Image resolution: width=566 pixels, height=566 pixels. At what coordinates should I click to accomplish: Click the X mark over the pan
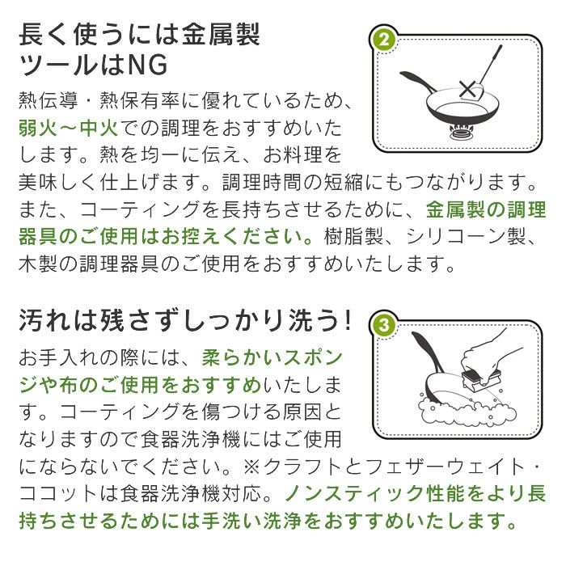pos(467,89)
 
